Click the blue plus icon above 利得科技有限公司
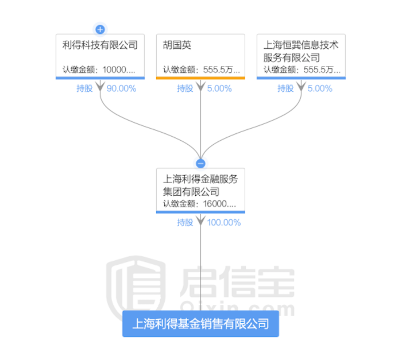pos(100,29)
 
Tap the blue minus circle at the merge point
pos(200,163)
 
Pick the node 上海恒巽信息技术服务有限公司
pos(300,51)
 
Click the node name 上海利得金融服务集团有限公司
pos(200,185)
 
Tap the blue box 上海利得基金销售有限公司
pos(200,324)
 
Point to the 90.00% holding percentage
pos(121,88)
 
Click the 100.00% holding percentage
pos(224,223)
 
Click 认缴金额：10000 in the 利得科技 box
pos(100,70)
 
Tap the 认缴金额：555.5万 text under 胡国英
pos(200,70)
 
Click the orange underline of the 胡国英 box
pos(200,78)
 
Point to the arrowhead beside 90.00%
pos(100,88)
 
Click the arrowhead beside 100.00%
pos(200,222)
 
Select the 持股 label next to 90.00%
pos(85,88)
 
